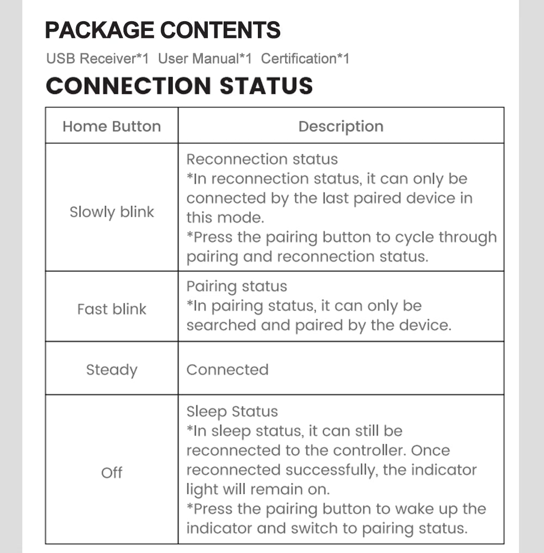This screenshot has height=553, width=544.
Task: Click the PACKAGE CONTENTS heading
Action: (162, 30)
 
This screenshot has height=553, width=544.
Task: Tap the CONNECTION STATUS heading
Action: (179, 86)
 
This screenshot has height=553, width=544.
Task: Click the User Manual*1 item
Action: (205, 59)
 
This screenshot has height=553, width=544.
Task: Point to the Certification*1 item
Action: (305, 59)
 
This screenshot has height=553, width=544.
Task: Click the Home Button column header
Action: (112, 126)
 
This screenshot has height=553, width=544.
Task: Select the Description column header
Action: (341, 126)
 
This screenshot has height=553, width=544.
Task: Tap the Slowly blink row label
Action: (112, 212)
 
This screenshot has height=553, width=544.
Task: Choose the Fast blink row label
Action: (112, 309)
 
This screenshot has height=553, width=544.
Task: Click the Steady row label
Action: (112, 370)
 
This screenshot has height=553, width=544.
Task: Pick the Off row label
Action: (112, 473)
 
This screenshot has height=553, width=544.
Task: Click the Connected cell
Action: (227, 370)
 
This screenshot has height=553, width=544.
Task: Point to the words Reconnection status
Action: (262, 159)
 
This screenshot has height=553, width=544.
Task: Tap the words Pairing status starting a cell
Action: (236, 287)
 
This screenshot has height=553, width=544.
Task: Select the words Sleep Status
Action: (232, 412)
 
